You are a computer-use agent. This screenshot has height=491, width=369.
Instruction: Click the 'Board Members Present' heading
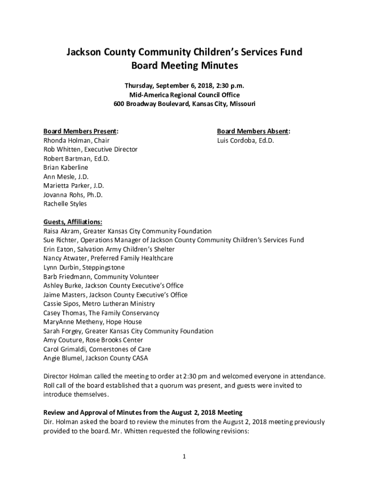(x=81, y=131)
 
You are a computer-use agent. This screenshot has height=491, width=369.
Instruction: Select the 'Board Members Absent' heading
(x=253, y=131)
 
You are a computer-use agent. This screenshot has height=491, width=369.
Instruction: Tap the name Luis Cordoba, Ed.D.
(x=245, y=140)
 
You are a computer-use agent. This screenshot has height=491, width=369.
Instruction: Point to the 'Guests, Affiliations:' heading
(x=73, y=222)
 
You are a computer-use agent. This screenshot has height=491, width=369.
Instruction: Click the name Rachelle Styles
(x=65, y=204)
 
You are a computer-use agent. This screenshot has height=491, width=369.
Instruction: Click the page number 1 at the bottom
(x=184, y=456)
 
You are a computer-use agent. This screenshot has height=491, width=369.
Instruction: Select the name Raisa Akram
(x=62, y=231)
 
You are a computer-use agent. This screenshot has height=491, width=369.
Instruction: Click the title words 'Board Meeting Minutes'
(x=184, y=66)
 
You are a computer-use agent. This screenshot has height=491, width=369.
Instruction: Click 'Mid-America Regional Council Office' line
(x=184, y=95)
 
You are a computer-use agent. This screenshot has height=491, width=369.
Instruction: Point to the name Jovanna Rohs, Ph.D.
(x=73, y=195)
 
